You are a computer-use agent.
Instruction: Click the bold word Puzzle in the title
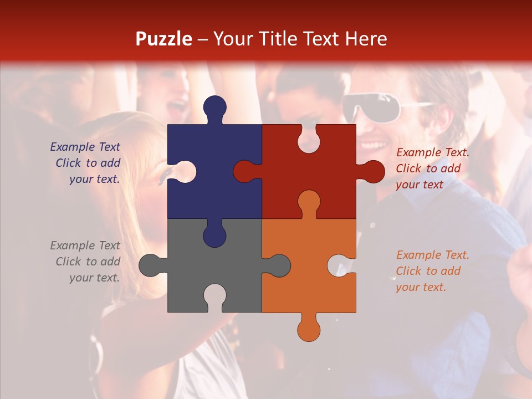[x=163, y=39]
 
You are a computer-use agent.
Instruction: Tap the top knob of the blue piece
[x=214, y=108]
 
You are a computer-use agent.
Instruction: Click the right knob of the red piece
[x=373, y=171]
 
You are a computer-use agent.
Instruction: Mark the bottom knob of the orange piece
[x=309, y=329]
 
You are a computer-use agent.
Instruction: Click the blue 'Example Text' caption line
[x=85, y=147]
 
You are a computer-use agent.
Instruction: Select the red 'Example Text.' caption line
[x=433, y=152]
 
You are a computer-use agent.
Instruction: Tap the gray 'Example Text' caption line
[x=85, y=245]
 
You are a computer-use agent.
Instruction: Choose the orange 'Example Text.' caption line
[x=433, y=255]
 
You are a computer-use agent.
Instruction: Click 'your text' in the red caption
[x=420, y=185]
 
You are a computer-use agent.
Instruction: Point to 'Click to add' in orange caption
[x=428, y=271]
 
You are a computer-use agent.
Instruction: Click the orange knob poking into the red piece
[x=309, y=202]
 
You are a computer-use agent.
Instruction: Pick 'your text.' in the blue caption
[x=94, y=180]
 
